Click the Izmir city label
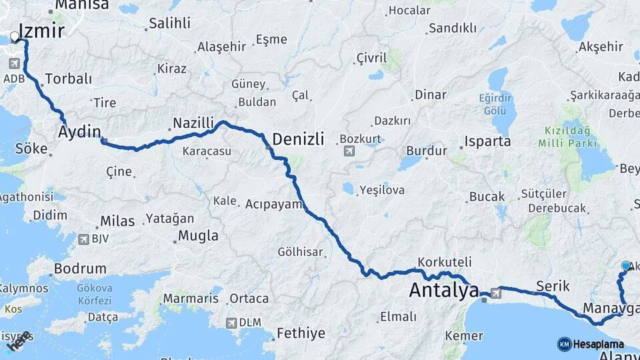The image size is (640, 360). pyautogui.click(x=41, y=31)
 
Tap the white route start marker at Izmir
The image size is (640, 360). pyautogui.click(x=15, y=37)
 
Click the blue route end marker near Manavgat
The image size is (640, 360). pyautogui.click(x=625, y=265)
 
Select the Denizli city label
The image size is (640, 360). pyautogui.click(x=299, y=139)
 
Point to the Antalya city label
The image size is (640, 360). pyautogui.click(x=443, y=290)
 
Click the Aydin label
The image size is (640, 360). pyautogui.click(x=79, y=130)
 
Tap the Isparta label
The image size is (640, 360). pyautogui.click(x=488, y=141)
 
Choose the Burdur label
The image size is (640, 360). pyautogui.click(x=426, y=151)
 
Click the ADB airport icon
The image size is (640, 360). pyautogui.click(x=14, y=64)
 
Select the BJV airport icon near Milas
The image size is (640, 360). pyautogui.click(x=84, y=238)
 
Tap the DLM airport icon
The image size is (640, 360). pyautogui.click(x=231, y=323)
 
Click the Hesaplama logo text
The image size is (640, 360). pyautogui.click(x=598, y=344)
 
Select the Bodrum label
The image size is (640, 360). pyautogui.click(x=80, y=269)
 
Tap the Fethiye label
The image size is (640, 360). pyautogui.click(x=301, y=333)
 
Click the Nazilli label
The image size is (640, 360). pyautogui.click(x=193, y=123)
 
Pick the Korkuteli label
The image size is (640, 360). pyautogui.click(x=444, y=262)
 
